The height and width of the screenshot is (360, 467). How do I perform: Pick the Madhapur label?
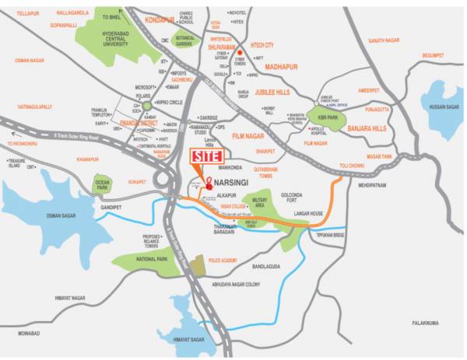[283, 66]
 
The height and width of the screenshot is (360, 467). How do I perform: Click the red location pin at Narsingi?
[208, 183]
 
